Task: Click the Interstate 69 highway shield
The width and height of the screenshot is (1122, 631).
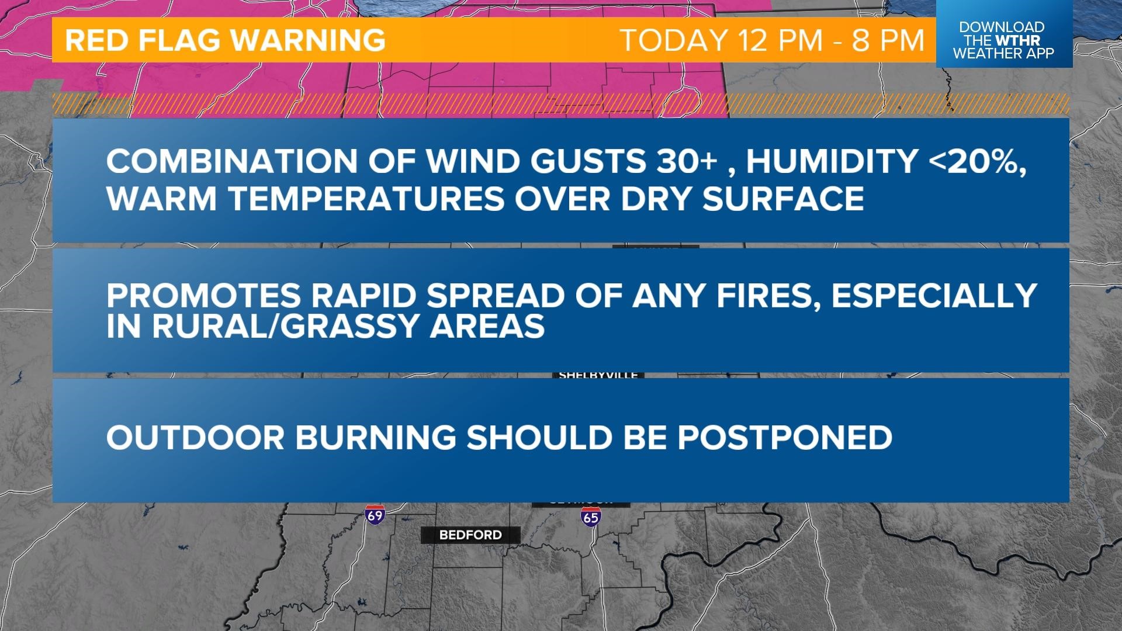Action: point(375,515)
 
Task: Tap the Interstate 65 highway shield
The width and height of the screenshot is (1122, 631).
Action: point(590,516)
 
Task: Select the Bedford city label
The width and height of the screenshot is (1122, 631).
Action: point(470,535)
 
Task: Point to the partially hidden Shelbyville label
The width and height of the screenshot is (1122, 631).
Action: point(598,375)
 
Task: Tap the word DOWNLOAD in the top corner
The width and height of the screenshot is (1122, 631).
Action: point(1001,27)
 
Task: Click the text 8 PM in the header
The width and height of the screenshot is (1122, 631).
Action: point(888,40)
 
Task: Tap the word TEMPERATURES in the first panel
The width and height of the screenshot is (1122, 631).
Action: point(366,198)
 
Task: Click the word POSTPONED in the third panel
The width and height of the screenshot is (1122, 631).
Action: point(784,437)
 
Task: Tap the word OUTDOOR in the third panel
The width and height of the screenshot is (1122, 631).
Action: point(196,437)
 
